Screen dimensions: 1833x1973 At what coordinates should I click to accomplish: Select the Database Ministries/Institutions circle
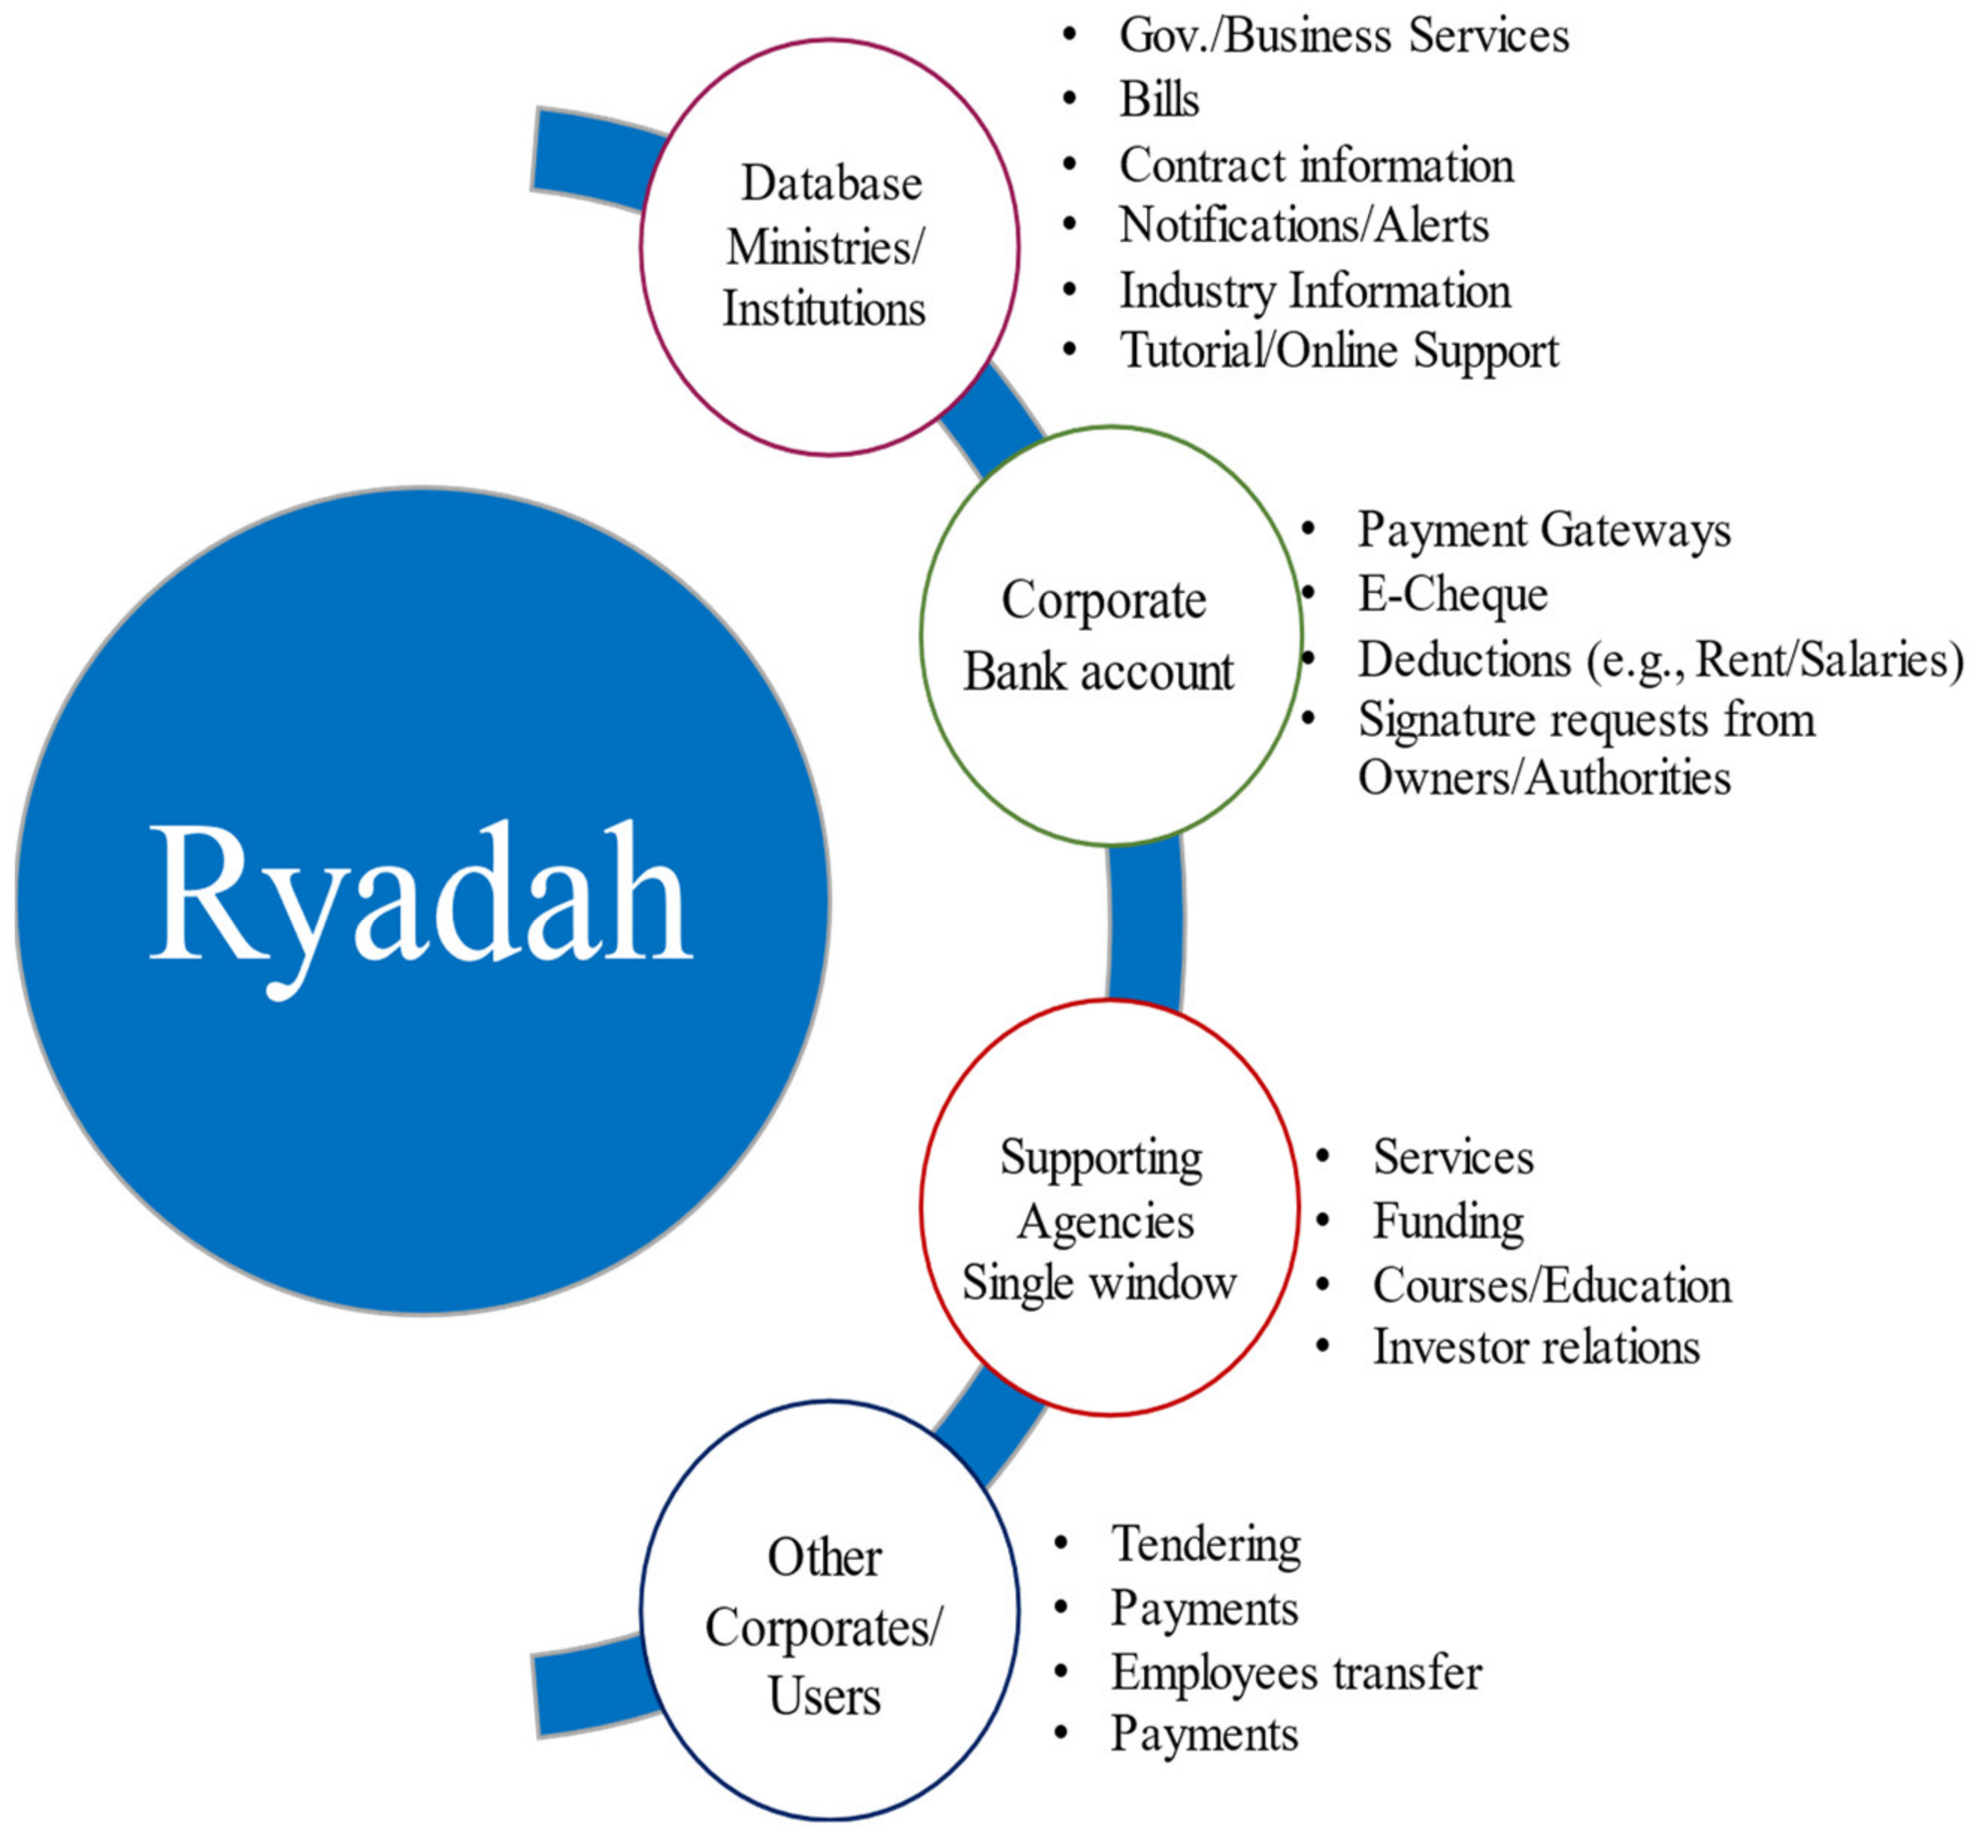coord(829,247)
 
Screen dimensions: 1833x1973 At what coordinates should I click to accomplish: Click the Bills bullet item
coord(1158,99)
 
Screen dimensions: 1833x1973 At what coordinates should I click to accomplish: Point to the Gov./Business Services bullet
coord(1343,36)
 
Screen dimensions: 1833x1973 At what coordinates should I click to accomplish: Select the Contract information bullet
coord(1316,164)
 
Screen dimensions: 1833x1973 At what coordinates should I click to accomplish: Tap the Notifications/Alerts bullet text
coord(1304,225)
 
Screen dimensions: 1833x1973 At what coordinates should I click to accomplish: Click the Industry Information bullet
coord(1314,291)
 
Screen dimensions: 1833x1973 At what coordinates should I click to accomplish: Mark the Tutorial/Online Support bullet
coord(1338,351)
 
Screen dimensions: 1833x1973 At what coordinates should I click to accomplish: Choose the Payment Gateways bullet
coord(1544,530)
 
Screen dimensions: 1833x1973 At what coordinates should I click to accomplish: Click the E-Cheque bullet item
coord(1452,594)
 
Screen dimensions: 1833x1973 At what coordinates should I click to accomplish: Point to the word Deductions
coord(1464,660)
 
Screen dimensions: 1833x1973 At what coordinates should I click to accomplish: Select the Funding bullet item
coord(1447,1221)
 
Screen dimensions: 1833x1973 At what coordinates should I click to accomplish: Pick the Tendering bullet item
coord(1205,1543)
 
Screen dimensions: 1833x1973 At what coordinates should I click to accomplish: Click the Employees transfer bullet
coord(1296,1672)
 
